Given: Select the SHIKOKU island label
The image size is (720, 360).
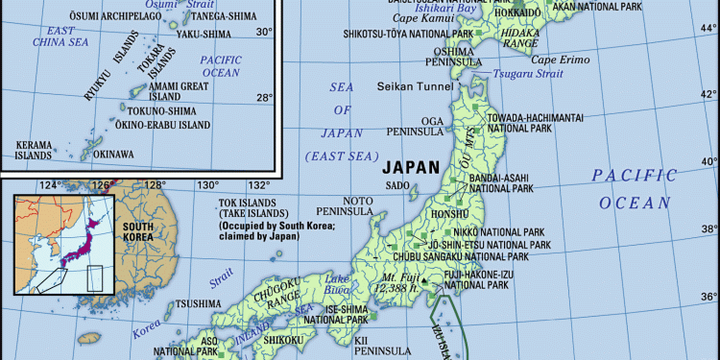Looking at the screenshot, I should click(284, 339).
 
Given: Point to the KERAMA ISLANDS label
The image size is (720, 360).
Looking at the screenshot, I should click(35, 150).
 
